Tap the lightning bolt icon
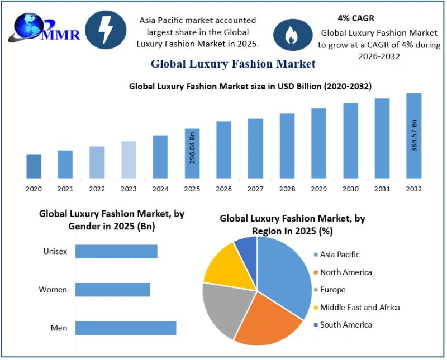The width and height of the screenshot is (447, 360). (106, 30)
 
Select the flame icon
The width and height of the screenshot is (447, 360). (291, 35)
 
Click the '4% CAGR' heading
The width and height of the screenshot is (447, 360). (356, 18)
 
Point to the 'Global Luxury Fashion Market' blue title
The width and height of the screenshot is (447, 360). (232, 64)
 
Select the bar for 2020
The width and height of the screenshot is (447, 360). (34, 166)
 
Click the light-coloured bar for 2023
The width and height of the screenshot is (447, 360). (129, 160)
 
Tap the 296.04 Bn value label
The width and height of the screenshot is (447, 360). (192, 147)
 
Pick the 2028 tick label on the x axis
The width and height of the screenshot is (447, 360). (287, 189)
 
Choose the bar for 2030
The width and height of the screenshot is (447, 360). (350, 141)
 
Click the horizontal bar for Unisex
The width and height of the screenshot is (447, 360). (116, 252)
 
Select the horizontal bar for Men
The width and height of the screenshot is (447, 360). (126, 328)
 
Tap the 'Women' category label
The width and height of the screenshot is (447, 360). (53, 290)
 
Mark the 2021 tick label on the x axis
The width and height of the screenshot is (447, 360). (65, 189)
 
